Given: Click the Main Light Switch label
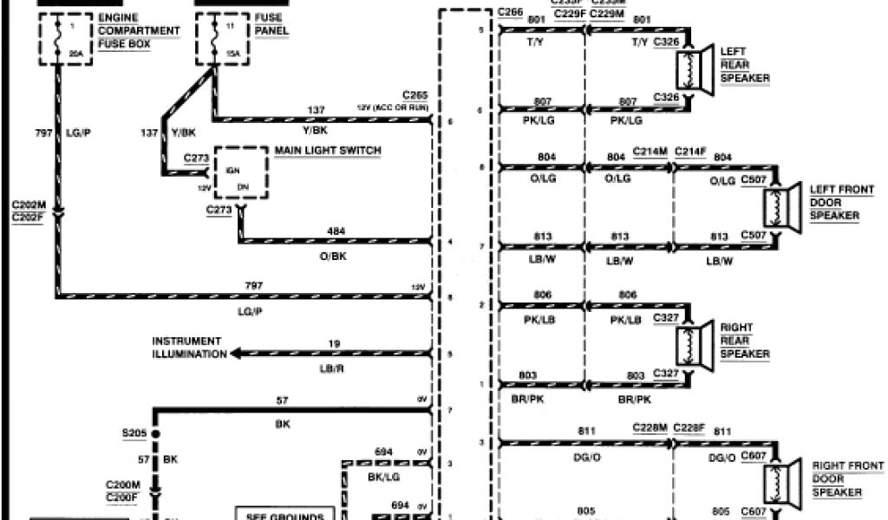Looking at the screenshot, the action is tap(328, 151).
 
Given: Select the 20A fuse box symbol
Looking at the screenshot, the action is tap(58, 39).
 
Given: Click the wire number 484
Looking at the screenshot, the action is tap(336, 231).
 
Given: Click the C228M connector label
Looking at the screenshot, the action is tap(650, 428).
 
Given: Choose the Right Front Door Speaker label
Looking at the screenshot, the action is tap(837, 478).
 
